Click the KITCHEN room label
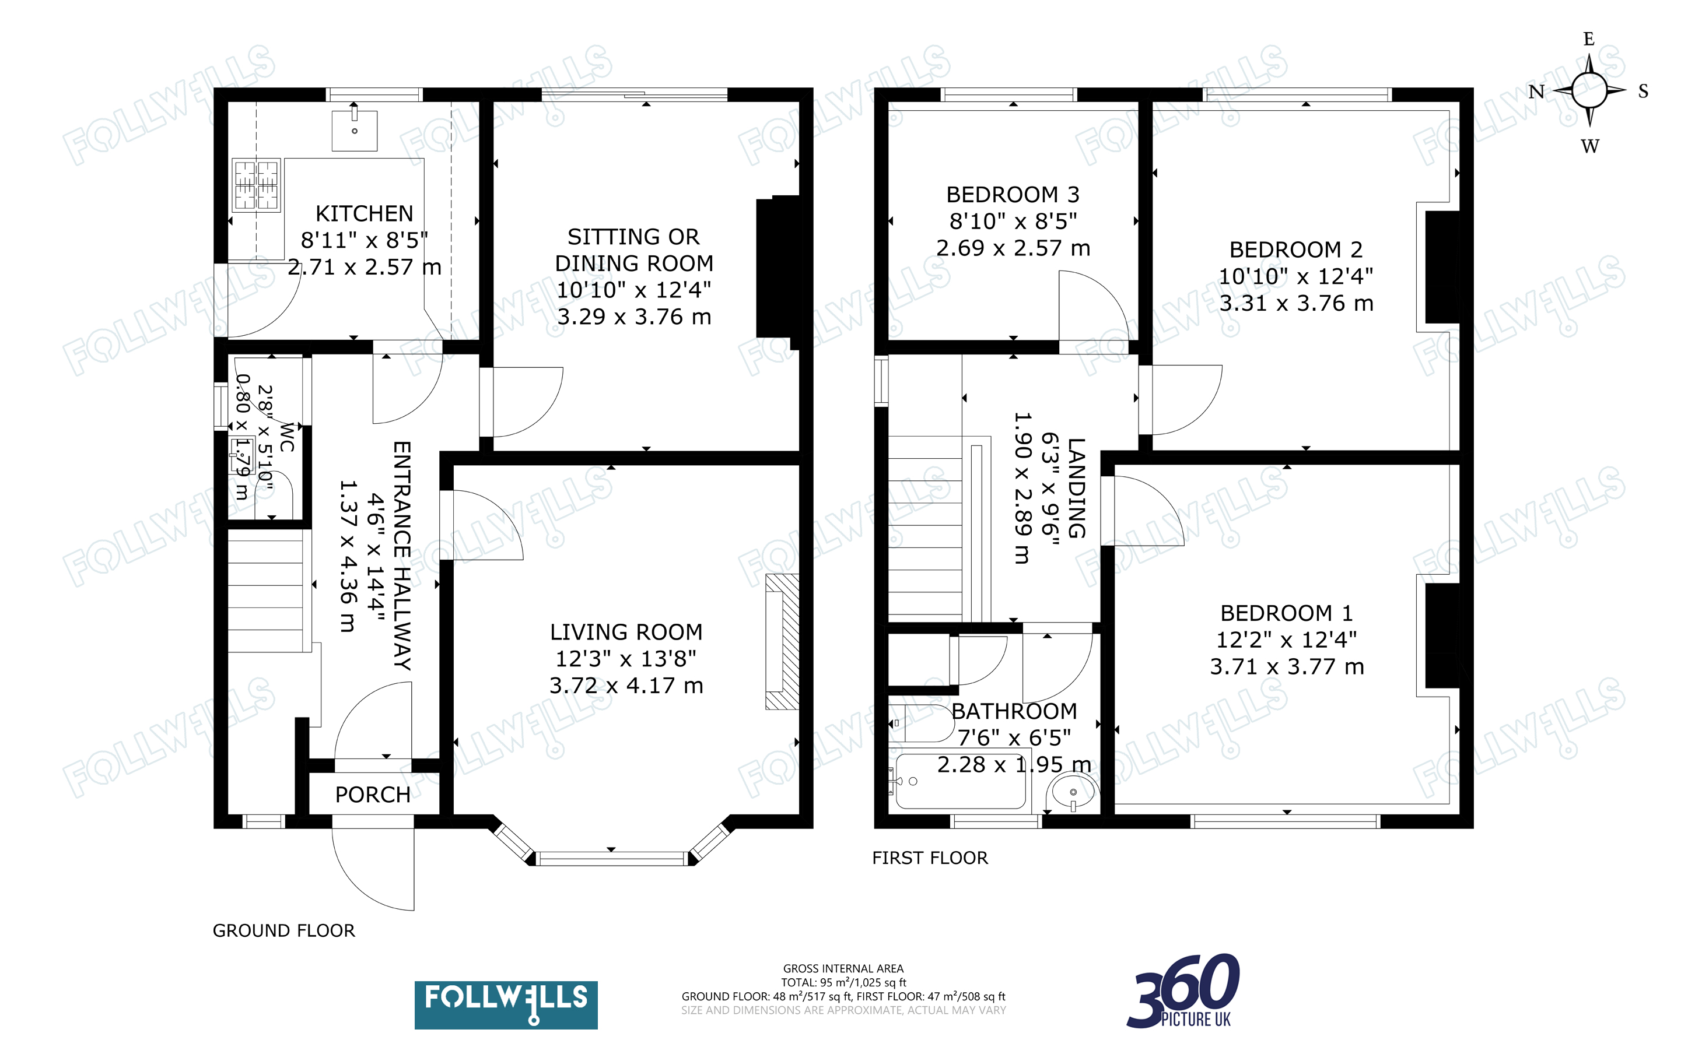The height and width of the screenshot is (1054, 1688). coord(364,213)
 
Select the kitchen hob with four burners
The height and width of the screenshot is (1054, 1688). coord(256,185)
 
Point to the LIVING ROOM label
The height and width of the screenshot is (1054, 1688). coord(626,633)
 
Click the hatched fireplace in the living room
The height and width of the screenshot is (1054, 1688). coord(782,641)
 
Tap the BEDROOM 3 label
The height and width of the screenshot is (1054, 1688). coord(1013,195)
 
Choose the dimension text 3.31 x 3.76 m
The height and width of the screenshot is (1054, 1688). coord(1296,303)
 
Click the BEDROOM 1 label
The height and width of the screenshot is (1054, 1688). coord(1286,613)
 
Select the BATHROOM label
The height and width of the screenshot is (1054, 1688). coord(1014,711)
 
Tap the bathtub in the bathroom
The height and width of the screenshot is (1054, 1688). coord(959,781)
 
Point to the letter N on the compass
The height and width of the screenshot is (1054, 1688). coord(1537,92)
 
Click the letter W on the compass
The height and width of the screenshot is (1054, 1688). coord(1589,146)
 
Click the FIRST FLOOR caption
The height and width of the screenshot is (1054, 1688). coord(930,858)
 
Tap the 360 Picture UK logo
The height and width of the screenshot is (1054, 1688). coord(1183,991)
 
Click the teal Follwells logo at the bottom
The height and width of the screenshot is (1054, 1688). coord(506,1004)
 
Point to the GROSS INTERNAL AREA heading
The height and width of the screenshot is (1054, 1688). coord(843,968)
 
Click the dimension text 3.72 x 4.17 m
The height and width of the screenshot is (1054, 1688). coord(626,686)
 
